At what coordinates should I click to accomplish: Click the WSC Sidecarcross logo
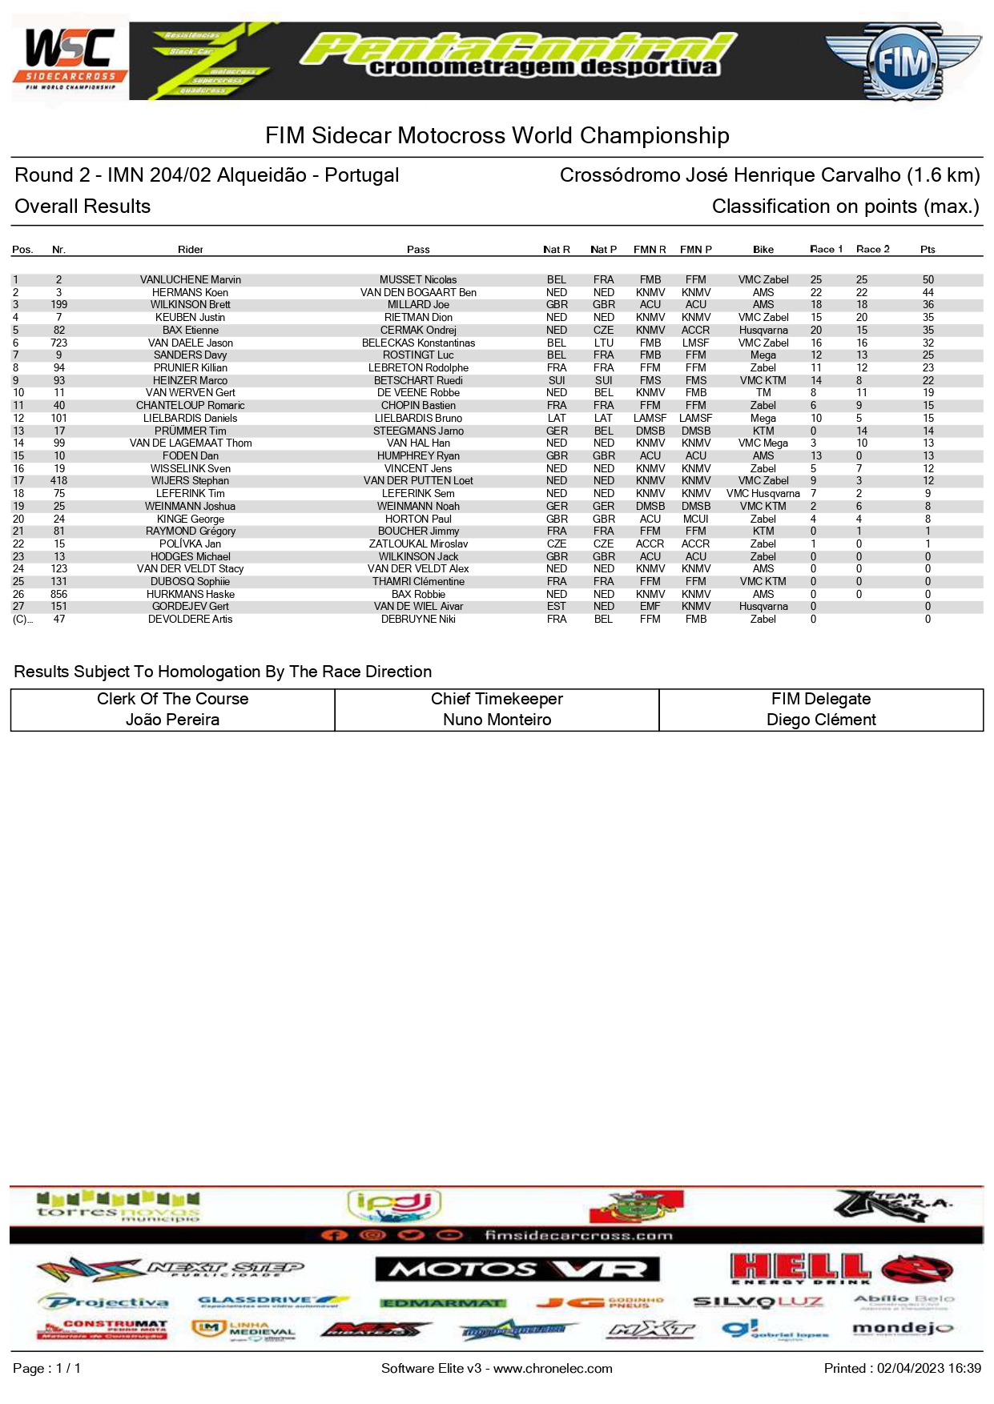70,61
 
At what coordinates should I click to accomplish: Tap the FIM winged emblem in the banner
903,62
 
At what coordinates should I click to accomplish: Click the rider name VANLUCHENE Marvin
190,280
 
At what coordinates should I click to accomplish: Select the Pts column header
928,250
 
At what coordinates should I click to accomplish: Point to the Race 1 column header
826,250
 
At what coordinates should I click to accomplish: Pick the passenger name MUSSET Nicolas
418,280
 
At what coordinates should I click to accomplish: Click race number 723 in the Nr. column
58,343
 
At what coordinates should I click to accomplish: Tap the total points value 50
928,280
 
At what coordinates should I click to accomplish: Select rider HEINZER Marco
190,381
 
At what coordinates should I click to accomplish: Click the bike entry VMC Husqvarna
763,494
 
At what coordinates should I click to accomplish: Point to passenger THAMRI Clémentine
418,582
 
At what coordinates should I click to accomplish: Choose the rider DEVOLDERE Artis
190,620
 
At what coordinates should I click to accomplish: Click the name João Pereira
172,720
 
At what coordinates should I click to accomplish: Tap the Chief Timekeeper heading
497,699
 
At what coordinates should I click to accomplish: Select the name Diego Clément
821,720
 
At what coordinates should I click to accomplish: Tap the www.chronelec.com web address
553,1368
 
